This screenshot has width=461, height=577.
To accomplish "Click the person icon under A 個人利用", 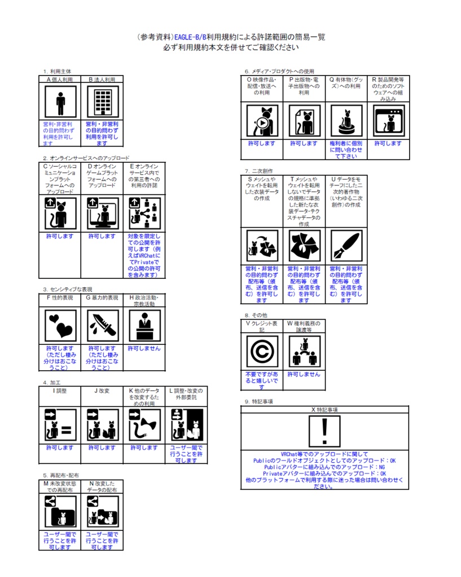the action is (60, 103).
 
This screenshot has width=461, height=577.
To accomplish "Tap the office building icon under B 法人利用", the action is (103, 103).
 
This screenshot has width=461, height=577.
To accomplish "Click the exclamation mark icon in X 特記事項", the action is (324, 432).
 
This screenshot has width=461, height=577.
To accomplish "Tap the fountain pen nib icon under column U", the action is (345, 246).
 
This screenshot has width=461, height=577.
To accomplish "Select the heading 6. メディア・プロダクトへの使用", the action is (279, 72).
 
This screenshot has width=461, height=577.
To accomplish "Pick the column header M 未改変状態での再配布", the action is (60, 487).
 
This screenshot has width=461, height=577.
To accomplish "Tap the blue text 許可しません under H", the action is (144, 348).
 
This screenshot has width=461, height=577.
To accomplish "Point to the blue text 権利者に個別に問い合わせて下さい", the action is (345, 149).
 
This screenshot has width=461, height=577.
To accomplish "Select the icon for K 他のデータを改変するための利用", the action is (144, 425).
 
